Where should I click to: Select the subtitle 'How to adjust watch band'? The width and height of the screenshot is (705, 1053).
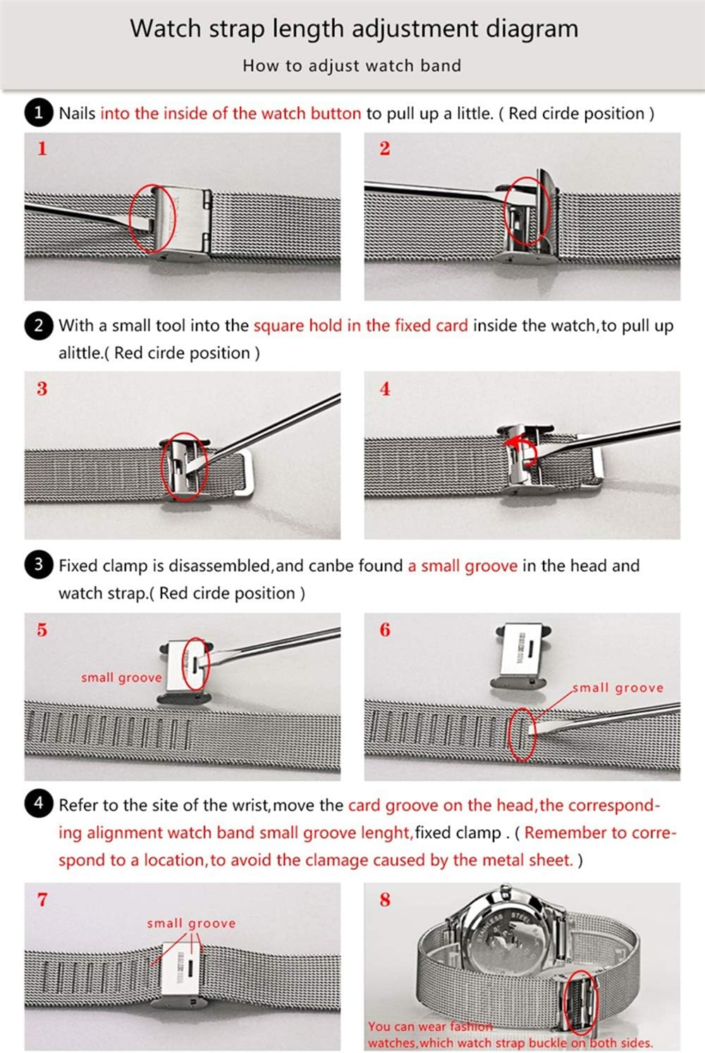click(x=352, y=66)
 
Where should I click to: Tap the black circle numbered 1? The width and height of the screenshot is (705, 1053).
click(x=39, y=113)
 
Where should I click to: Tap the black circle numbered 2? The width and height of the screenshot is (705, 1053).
click(x=39, y=325)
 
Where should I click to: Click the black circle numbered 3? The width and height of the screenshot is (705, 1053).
click(x=39, y=565)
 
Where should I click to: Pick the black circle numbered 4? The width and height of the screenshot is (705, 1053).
click(x=39, y=804)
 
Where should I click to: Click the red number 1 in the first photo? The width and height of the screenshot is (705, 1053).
click(x=42, y=149)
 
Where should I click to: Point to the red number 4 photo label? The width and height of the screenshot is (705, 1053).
click(x=385, y=389)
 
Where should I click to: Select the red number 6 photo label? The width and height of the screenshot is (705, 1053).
click(x=385, y=630)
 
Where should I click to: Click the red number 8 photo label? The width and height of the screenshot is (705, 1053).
click(x=385, y=899)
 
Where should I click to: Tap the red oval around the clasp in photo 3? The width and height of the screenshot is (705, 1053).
click(x=184, y=466)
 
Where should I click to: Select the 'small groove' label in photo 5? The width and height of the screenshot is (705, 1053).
click(x=121, y=678)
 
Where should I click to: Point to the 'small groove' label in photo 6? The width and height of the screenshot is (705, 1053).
click(x=618, y=687)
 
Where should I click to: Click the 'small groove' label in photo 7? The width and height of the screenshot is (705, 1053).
click(x=191, y=923)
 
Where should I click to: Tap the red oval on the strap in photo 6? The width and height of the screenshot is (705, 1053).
click(x=522, y=734)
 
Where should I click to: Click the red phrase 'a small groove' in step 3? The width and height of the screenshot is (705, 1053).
click(x=462, y=566)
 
